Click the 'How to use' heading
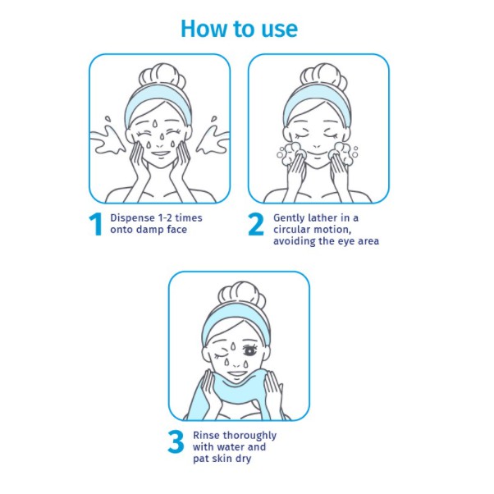pos(239,29)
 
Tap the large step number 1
pos(95,224)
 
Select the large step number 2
pos(256,224)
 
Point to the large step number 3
pos(176,441)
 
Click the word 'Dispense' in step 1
pos(132,218)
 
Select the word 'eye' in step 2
pos(346,241)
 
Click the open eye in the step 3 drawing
pos(250,350)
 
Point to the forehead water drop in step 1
pos(155,124)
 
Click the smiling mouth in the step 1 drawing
pos(160,154)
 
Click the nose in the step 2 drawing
pos(317,146)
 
